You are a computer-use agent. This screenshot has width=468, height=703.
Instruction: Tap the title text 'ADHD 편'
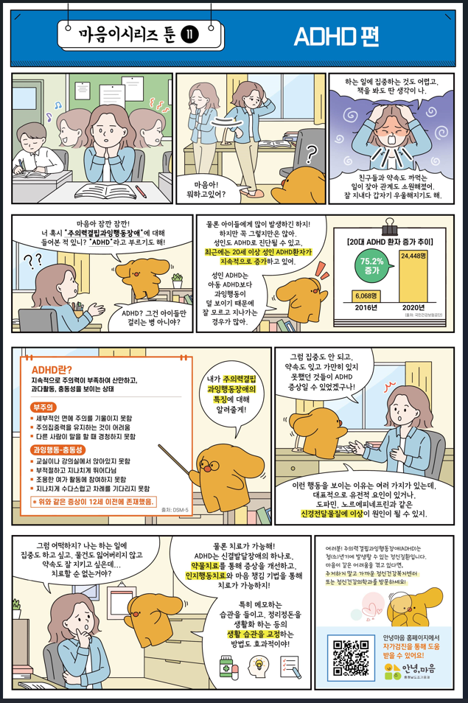point(326,36)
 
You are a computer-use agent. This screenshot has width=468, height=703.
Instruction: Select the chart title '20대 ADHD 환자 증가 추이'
point(388,241)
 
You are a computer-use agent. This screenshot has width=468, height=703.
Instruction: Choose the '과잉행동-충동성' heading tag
point(58,449)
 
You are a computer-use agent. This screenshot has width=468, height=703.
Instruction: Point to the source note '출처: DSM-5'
point(175,509)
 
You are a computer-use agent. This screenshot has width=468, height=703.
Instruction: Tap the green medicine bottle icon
point(225,665)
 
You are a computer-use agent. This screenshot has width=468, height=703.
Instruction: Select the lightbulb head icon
point(258,665)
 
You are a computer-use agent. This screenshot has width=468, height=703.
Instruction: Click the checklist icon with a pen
point(291,665)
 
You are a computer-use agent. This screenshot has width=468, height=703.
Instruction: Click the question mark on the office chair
point(311,155)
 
